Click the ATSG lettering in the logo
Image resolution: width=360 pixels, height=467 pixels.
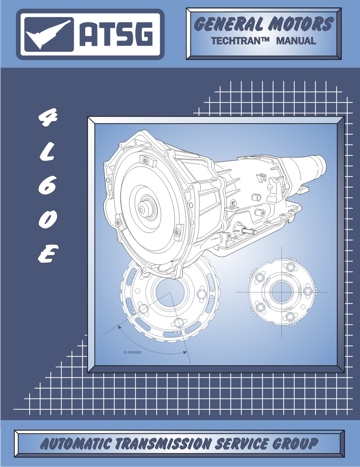[116, 34]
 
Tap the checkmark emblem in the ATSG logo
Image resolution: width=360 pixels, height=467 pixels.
[47, 34]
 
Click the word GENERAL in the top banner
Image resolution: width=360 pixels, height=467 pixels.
[229, 24]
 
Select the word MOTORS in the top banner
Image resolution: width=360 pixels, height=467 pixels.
[301, 24]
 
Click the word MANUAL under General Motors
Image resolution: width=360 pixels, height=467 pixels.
[296, 41]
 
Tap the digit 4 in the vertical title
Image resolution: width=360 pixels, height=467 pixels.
[48, 119]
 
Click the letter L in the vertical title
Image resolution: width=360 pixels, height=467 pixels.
[48, 152]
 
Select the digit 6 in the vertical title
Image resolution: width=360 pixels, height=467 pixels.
[48, 186]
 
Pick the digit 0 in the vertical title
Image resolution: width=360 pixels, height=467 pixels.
[48, 220]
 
